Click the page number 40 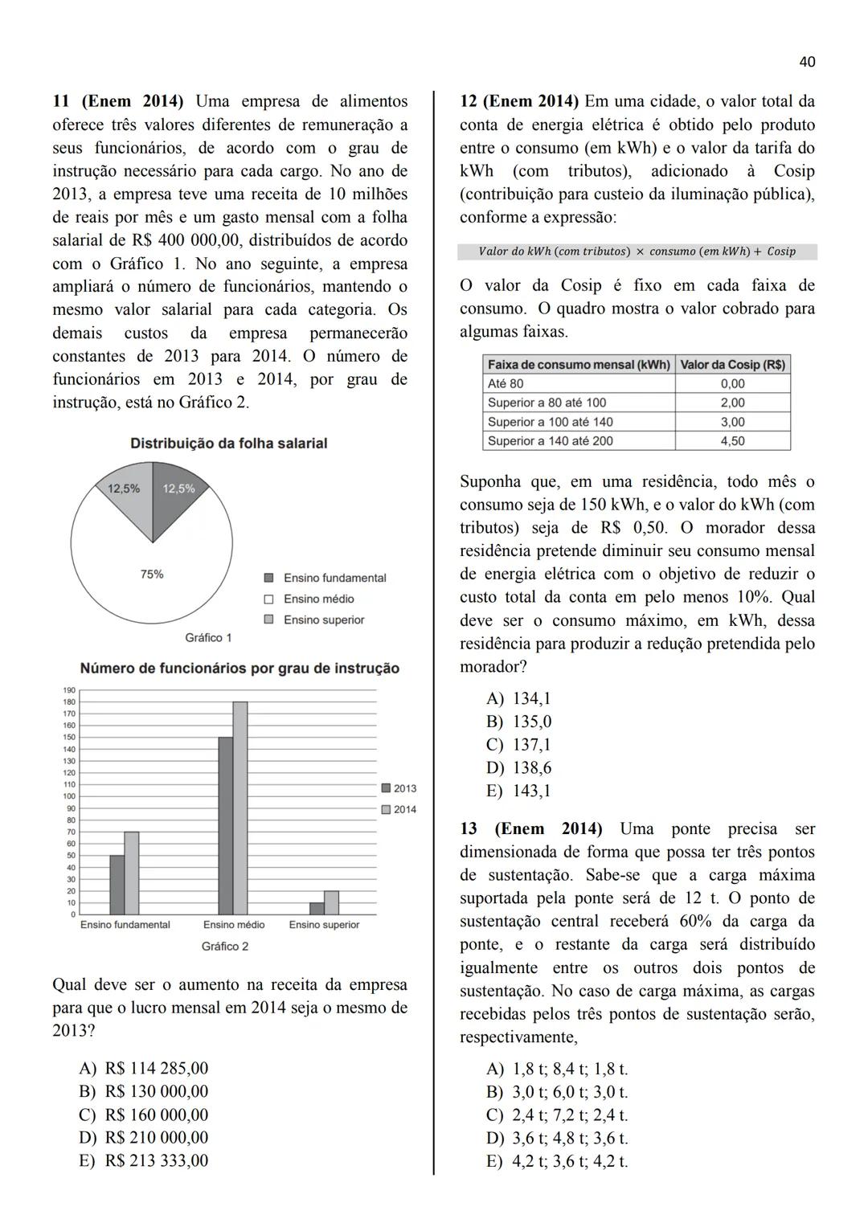(x=808, y=62)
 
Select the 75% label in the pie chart (x=151, y=574)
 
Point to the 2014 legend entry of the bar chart (x=399, y=809)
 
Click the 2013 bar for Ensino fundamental (x=117, y=885)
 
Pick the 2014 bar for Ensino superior (x=331, y=902)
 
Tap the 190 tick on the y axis (x=69, y=690)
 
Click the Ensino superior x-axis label (x=324, y=925)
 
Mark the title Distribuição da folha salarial (x=228, y=444)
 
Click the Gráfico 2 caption (x=224, y=947)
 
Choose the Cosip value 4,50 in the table (x=732, y=441)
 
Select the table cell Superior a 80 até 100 (x=547, y=403)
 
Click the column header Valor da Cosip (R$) (x=732, y=365)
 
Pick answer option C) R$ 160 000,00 (x=144, y=1115)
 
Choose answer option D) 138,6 (x=519, y=767)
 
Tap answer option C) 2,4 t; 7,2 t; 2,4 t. (x=557, y=1115)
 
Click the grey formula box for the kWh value (x=637, y=252)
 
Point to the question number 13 (x=469, y=828)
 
